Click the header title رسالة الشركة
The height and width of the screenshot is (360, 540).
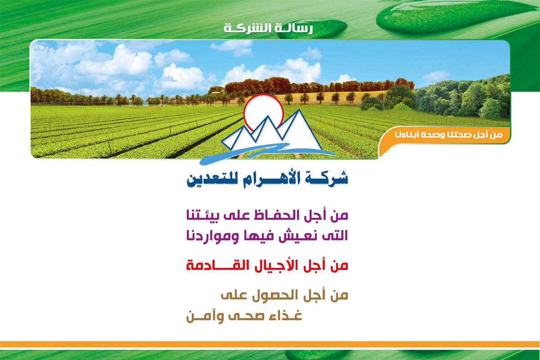click(x=268, y=29)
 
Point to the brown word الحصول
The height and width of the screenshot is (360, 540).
click(x=275, y=295)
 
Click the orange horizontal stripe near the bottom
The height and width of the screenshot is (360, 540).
click(x=270, y=344)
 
